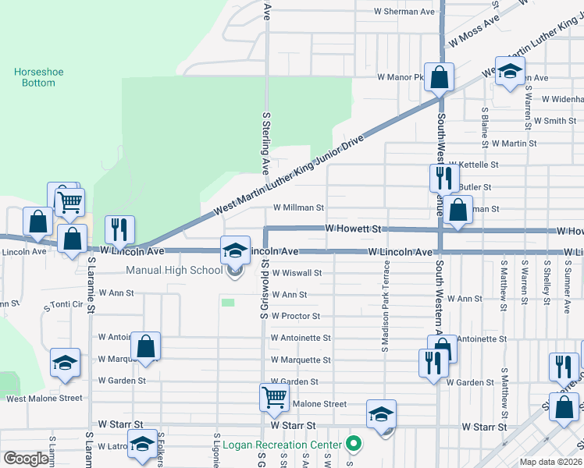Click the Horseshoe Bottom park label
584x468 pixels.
(x=38, y=77)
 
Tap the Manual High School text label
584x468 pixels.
(x=174, y=271)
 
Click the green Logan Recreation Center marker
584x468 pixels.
(x=353, y=445)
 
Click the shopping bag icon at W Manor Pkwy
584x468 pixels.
(x=440, y=77)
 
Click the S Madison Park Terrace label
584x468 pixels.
(x=386, y=306)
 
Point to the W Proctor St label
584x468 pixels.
(x=295, y=316)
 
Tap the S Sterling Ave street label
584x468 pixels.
(x=265, y=143)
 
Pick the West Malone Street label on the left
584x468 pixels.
(x=44, y=398)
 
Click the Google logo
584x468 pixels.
(x=26, y=459)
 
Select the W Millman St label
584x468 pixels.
(x=297, y=208)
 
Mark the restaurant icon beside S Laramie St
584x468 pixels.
(x=119, y=229)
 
